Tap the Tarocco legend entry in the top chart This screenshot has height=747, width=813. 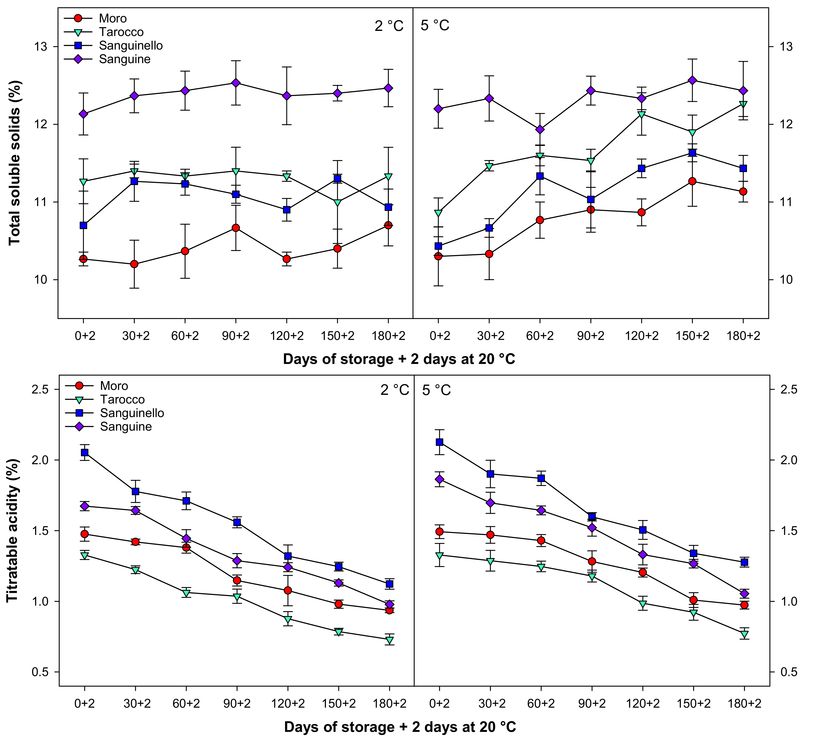point(121,32)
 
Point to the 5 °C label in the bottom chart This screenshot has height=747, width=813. point(437,390)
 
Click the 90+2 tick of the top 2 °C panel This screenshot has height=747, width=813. point(236,336)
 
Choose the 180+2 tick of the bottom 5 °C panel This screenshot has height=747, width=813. point(745,704)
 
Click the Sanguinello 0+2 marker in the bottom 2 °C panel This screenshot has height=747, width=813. point(85,452)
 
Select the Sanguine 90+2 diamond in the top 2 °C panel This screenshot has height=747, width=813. point(236,83)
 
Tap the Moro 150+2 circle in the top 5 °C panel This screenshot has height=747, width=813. point(692,181)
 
